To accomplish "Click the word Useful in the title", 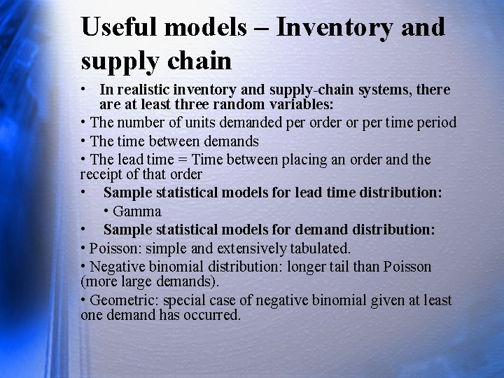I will (x=121, y=27).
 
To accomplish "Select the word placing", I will (x=304, y=160).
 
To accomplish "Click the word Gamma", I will (x=137, y=211).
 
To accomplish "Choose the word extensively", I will (x=244, y=248).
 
